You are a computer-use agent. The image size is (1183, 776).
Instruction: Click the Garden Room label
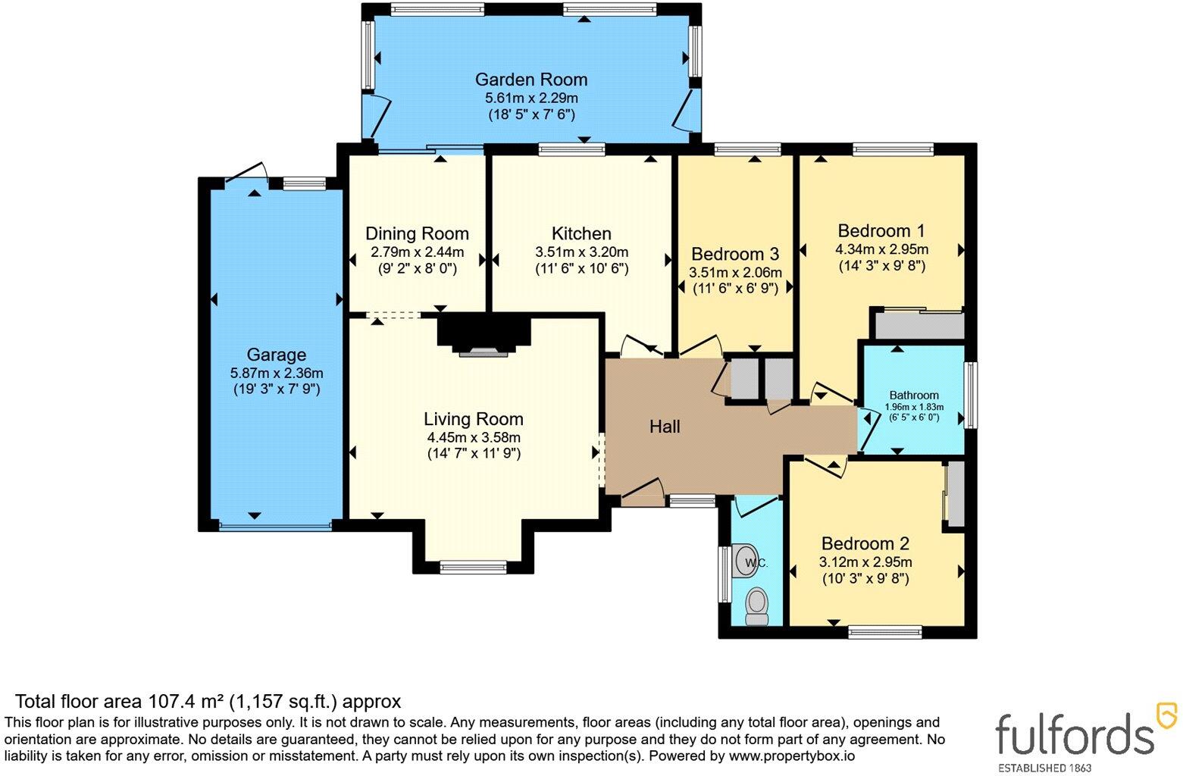pos(530,80)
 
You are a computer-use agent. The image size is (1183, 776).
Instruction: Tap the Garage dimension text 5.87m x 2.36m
pos(276,373)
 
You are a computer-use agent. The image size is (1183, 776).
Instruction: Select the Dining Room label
pos(418,233)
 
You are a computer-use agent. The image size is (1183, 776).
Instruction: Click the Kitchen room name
pos(581,233)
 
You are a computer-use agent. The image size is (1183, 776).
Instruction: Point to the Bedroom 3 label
pos(735,254)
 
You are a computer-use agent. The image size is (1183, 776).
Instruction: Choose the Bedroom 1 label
pos(881,231)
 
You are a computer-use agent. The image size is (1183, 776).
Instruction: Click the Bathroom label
pos(914,395)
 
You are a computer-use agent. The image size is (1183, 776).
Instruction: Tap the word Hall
pos(665,427)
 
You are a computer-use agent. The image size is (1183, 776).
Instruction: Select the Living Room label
pos(473,419)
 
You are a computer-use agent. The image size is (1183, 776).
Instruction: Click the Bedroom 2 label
pos(865,543)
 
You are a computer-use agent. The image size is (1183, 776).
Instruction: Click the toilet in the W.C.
pos(757,608)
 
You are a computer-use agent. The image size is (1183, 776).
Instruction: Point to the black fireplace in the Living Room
pos(484,332)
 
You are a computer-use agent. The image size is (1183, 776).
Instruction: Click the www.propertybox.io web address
pos(792,756)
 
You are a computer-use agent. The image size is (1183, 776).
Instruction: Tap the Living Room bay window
pos(473,568)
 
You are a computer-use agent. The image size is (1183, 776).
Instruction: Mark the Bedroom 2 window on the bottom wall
pos(885,632)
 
